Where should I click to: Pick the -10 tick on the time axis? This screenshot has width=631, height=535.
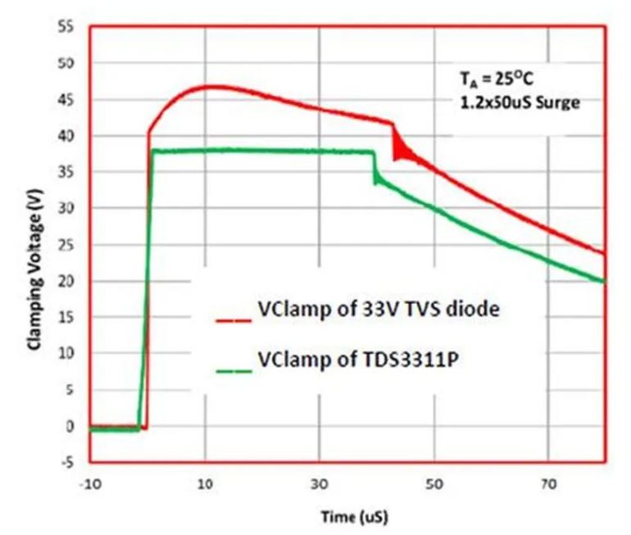tap(90, 485)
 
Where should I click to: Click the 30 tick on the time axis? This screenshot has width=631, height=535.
tap(320, 485)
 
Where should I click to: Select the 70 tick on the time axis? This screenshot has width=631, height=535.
tap(549, 485)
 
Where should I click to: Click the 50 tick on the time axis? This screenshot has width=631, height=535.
tap(434, 485)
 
